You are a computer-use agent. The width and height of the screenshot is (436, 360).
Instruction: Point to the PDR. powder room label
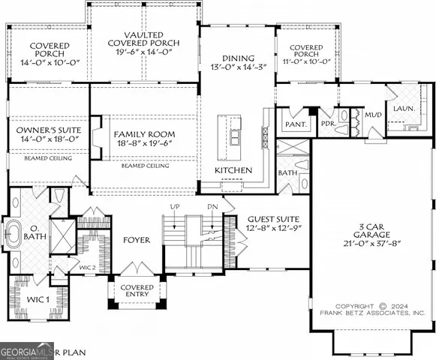[x=327, y=124]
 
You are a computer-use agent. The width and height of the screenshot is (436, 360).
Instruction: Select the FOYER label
[x=137, y=241]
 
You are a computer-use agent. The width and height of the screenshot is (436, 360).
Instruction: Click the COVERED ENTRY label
[x=137, y=292]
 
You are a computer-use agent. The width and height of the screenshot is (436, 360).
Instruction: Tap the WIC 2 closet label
[x=86, y=267]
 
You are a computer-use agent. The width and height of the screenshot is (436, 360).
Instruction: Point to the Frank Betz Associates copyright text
[x=371, y=310]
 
